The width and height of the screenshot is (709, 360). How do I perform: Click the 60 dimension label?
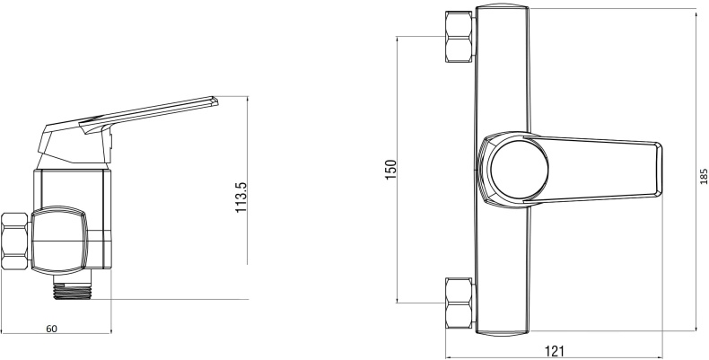point(51,329)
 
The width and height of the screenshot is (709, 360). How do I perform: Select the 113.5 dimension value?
point(241,198)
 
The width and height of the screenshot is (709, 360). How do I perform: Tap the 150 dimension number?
point(390,170)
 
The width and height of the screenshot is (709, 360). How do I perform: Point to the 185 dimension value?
point(704,176)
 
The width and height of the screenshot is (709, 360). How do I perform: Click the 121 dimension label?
point(554,351)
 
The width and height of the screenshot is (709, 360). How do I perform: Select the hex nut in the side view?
point(15,241)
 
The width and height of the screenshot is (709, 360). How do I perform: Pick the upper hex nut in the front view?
point(460,37)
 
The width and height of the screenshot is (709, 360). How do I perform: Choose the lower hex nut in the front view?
point(460,303)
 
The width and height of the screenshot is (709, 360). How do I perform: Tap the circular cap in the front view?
point(519,169)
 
